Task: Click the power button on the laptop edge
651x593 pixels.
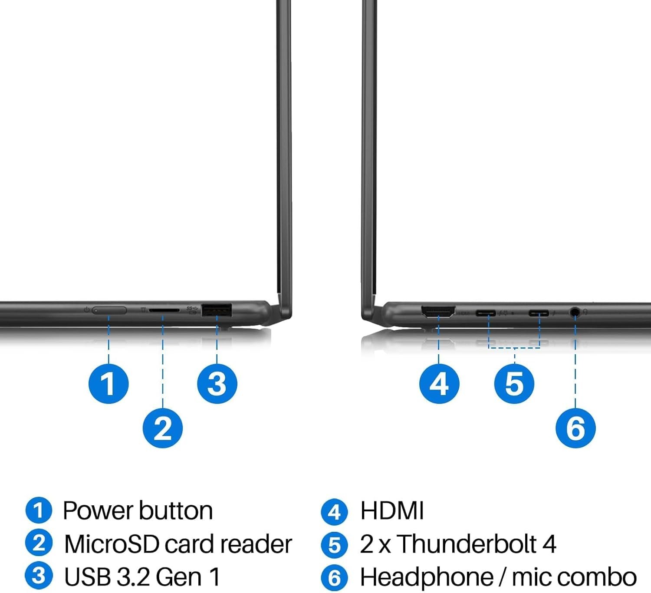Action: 109,310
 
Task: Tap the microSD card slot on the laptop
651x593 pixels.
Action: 164,310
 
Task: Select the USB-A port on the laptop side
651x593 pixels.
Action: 217,310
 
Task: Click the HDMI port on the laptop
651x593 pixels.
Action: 438,311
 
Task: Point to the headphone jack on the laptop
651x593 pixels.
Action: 575,313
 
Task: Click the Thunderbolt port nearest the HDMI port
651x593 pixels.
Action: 486,313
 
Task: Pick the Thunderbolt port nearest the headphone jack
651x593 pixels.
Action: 539,313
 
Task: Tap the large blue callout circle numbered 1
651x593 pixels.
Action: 108,384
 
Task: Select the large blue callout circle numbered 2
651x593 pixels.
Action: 163,428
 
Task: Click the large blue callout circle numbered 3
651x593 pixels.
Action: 217,384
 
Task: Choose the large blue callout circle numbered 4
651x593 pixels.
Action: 439,384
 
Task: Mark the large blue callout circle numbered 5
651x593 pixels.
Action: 514,384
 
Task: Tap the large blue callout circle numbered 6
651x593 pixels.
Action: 575,428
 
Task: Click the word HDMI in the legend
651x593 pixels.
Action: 392,511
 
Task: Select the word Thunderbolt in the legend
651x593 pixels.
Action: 467,544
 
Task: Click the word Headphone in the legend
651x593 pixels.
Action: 427,577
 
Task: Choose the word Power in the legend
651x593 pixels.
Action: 98,511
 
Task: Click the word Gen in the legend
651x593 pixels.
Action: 178,577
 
